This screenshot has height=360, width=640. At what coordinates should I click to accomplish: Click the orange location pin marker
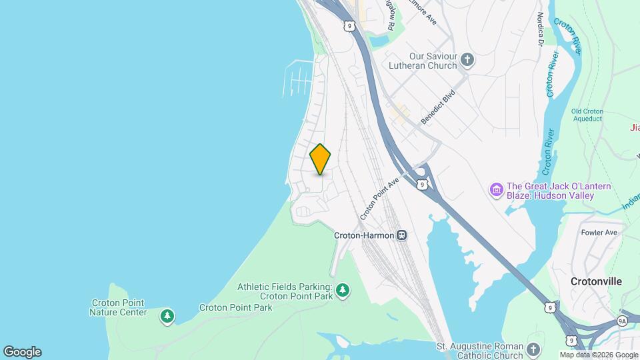coord(321,159)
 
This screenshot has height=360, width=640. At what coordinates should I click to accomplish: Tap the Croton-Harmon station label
coord(364,235)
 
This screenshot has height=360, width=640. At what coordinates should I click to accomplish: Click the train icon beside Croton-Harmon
coord(402,235)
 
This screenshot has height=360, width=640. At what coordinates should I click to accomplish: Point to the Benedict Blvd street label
coord(437,107)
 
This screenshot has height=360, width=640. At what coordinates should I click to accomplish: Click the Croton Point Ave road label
coord(379,199)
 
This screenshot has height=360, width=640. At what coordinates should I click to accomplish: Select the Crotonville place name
coord(596,281)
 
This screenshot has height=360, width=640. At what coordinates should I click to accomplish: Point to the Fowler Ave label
coord(599,233)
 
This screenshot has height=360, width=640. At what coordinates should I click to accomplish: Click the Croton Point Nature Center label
coord(119,307)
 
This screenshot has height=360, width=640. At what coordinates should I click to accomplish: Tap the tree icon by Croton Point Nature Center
coord(167,315)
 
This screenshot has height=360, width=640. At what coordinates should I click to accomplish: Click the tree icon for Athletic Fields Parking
coord(343,290)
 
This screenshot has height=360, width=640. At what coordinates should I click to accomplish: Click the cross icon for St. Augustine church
coord(533,349)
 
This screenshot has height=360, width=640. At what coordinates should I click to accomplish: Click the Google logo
coord(22,352)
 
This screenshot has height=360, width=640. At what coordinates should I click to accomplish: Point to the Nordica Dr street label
coord(540,29)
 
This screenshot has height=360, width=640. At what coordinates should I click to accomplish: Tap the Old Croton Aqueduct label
coord(587,115)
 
